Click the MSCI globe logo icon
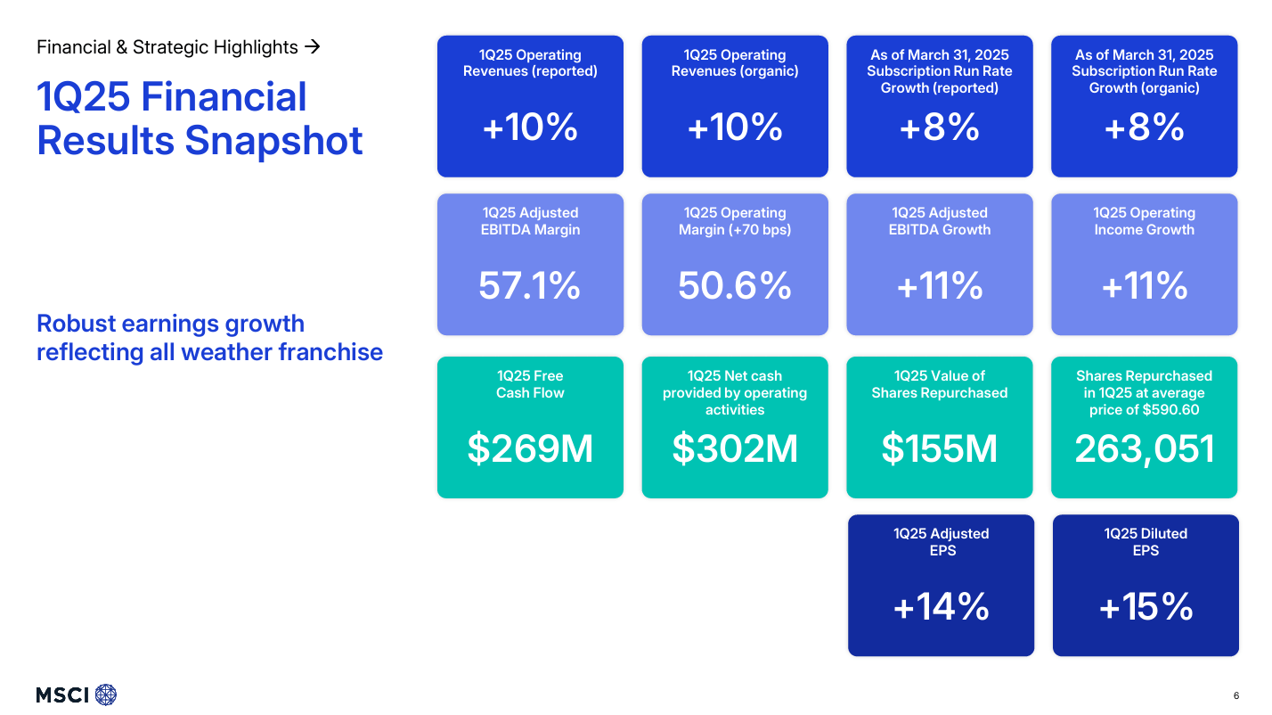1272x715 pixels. pos(106,694)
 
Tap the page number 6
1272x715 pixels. pos(1235,695)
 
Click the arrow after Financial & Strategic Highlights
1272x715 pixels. pos(312,46)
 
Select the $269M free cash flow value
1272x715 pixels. pos(530,448)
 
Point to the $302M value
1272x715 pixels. pos(735,448)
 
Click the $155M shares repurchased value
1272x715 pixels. pos(940,448)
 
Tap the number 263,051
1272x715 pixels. pos(1145,448)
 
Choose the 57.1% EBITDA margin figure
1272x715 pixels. pos(530,286)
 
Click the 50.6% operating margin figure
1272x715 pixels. pos(735,286)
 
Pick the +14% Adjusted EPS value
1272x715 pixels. pos(942,607)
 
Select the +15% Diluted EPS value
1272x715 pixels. pos(1146,607)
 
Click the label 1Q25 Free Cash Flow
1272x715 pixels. pos(530,384)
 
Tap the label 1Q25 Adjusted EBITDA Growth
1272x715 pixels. pos(940,221)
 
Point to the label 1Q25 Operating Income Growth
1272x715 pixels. pos(1145,221)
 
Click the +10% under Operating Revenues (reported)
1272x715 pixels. pos(530,128)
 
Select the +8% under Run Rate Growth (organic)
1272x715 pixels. pos(1145,128)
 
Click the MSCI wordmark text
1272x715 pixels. pos(62,695)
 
